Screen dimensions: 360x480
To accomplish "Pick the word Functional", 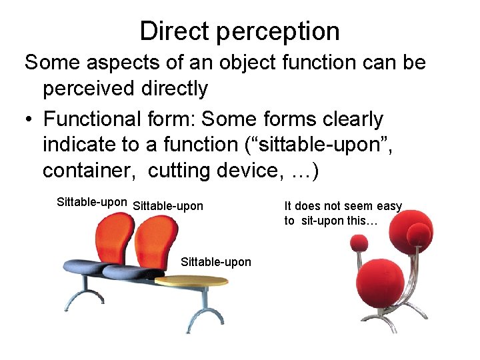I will (x=89, y=119).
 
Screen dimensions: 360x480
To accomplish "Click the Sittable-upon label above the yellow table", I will (x=216, y=262).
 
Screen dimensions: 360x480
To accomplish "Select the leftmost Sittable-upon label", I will (x=92, y=202).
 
